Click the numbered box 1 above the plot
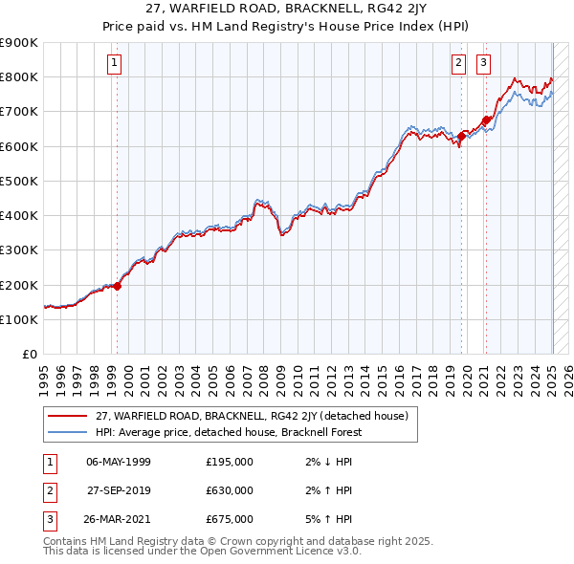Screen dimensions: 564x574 [x=114, y=64]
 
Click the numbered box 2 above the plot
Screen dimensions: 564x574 [x=459, y=64]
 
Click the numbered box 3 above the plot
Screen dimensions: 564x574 [x=483, y=64]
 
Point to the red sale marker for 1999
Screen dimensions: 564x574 [x=118, y=285]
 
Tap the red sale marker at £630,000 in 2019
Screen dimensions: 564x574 [x=461, y=136]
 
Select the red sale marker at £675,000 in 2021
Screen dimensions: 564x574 [x=486, y=119]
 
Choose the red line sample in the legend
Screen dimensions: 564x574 [x=67, y=416]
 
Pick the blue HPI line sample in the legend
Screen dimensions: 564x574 [x=67, y=431]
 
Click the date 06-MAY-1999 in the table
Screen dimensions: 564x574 [x=119, y=462]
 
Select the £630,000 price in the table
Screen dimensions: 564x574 [x=230, y=490]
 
